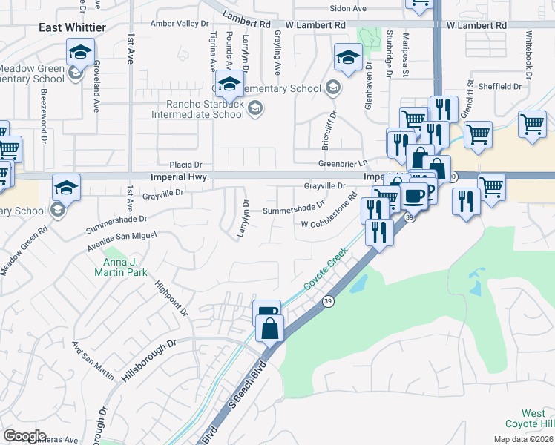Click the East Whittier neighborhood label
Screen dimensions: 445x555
[73, 27]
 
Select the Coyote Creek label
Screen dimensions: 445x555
[326, 272]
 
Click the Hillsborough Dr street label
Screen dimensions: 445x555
[149, 361]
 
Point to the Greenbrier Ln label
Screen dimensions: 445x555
[343, 163]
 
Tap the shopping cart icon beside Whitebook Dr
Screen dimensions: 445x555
[533, 125]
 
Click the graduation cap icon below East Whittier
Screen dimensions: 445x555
[80, 53]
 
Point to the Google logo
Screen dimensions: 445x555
[24, 436]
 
